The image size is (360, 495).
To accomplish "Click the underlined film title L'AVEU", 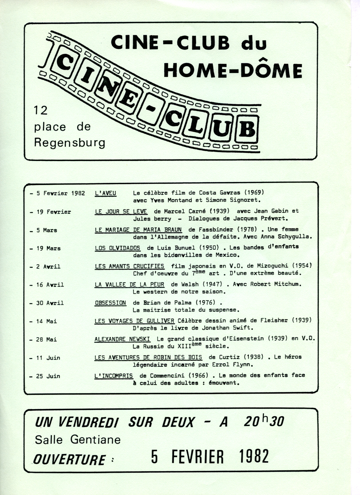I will [105, 193].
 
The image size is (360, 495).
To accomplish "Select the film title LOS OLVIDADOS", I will [117, 248].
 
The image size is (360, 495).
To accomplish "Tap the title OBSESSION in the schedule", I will [110, 303].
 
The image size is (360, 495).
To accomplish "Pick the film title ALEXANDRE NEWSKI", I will [122, 339].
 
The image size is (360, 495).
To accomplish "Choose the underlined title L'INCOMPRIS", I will [114, 376].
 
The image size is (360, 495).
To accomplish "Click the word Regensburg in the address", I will [70, 143].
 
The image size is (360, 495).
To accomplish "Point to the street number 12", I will [40, 111].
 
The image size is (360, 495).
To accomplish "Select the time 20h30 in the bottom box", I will [264, 421].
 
